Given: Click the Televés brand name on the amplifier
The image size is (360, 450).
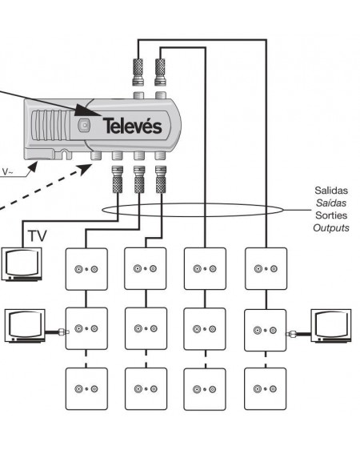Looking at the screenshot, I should click(132, 126).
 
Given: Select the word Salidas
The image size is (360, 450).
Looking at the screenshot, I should click(331, 192).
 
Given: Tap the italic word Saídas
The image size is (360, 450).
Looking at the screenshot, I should click(331, 204).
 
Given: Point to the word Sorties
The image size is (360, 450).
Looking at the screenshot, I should click(331, 216).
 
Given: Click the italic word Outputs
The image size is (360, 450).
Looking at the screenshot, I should click(331, 228).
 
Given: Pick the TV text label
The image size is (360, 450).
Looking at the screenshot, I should click(37, 236).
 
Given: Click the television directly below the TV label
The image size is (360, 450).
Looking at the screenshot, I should click(21, 263).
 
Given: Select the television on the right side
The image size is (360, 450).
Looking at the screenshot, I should click(333, 327).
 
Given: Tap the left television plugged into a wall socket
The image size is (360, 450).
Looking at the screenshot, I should click(26, 327).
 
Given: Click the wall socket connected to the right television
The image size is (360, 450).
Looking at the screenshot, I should click(265, 328).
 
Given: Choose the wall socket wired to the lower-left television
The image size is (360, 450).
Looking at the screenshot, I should click(86, 328).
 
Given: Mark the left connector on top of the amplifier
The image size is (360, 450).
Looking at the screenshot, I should click(137, 70).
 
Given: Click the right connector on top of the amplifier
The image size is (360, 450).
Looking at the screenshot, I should click(160, 70).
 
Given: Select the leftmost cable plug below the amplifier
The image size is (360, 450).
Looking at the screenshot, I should click(118, 181).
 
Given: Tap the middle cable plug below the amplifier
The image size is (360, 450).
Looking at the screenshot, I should click(140, 181).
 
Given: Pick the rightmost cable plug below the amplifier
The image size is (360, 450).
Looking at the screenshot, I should click(162, 181).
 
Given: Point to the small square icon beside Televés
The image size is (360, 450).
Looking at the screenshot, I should click(85, 126).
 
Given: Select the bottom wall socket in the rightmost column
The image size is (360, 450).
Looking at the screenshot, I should click(265, 388).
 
